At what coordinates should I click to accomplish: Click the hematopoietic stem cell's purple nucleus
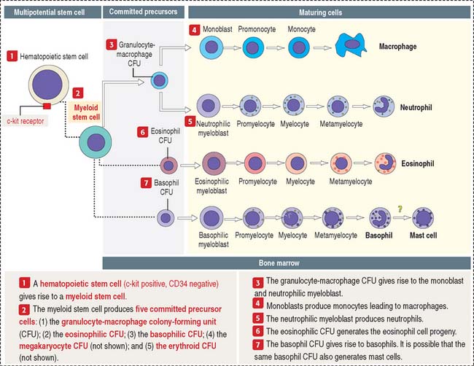(x=47, y=84)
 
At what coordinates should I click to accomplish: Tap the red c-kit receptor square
(x=47, y=106)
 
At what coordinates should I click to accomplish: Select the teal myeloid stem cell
(x=96, y=142)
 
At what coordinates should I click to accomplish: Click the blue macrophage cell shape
(x=351, y=45)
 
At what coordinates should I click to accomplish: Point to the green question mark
(x=400, y=209)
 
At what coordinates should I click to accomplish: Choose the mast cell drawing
(x=423, y=218)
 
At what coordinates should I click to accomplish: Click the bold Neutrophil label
(x=416, y=107)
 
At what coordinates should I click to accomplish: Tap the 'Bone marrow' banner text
(x=279, y=263)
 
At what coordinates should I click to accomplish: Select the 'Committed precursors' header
(x=143, y=12)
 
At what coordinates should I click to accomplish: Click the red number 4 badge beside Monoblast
(x=195, y=30)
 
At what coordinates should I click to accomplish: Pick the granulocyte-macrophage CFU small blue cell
(x=159, y=80)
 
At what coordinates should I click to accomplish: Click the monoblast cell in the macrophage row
(x=211, y=47)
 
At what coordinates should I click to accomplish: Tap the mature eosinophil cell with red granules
(x=385, y=163)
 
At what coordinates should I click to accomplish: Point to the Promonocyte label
(x=257, y=29)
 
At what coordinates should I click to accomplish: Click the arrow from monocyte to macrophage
(x=322, y=47)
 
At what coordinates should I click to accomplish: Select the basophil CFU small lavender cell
(x=166, y=218)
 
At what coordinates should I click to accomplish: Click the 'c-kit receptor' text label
(x=26, y=121)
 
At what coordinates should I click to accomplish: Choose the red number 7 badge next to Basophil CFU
(x=146, y=183)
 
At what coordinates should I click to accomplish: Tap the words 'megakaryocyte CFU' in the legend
(x=53, y=346)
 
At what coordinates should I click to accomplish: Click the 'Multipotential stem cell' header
(x=50, y=12)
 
